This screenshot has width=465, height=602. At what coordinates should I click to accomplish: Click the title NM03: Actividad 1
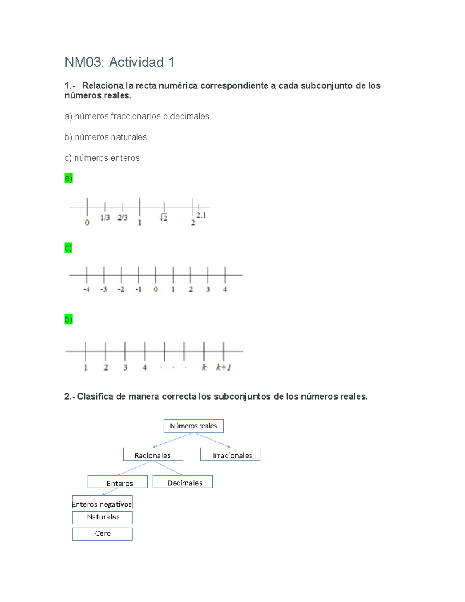pos(119,62)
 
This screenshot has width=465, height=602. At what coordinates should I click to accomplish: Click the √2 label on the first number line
pos(163,218)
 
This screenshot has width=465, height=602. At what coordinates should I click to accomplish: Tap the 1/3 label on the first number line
pos(105,218)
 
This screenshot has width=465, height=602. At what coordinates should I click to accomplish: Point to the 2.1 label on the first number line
pos(201,215)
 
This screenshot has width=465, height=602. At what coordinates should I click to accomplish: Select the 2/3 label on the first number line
pos(122,218)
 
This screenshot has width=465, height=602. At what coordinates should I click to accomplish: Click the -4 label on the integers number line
pos(86,290)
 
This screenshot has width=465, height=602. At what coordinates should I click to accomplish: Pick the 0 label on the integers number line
pos(155,290)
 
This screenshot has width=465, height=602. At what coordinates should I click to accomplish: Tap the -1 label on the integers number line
pos(138,290)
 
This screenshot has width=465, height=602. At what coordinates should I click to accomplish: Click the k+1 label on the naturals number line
pos(224,367)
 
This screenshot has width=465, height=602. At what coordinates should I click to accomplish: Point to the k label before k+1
pos(204,367)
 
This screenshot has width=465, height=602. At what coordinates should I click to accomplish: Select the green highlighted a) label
pos(69,178)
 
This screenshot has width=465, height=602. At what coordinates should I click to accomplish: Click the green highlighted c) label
pos(68,248)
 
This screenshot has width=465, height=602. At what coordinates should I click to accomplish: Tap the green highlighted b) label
pos(69,319)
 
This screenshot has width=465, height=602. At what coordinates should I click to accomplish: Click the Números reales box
pos(193,426)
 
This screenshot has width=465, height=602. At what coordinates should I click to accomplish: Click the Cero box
pos(102,534)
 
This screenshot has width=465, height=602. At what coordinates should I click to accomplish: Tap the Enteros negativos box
pos(102,504)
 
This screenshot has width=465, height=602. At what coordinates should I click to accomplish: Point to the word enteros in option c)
pos(125,158)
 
